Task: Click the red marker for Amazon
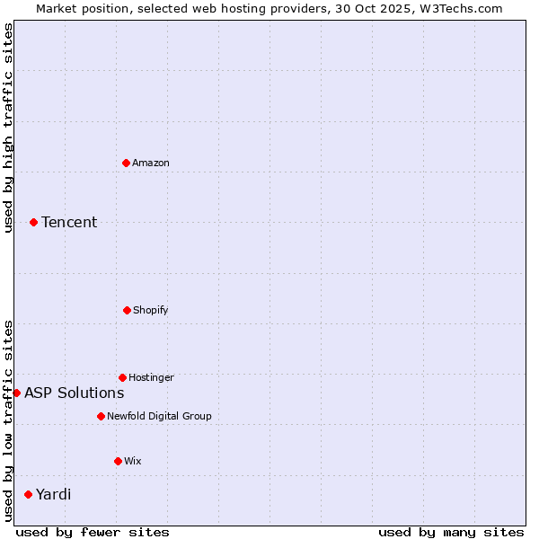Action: click(127, 163)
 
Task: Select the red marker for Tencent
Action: click(34, 222)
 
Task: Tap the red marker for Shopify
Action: click(127, 310)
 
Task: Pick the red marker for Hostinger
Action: click(122, 377)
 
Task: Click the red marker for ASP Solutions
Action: click(16, 393)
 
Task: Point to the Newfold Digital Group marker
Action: click(101, 416)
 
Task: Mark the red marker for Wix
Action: click(118, 461)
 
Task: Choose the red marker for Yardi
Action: click(29, 494)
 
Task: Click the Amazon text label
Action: click(151, 163)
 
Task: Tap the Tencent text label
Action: click(69, 222)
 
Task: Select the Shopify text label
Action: click(151, 310)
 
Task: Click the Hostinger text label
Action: click(151, 377)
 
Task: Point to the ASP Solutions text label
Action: click(75, 393)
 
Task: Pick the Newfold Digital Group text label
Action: click(159, 416)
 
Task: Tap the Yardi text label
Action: click(54, 494)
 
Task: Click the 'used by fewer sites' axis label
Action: click(93, 532)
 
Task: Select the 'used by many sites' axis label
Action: click(451, 532)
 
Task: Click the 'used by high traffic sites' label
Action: click(8, 128)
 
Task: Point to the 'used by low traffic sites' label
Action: click(8, 420)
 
